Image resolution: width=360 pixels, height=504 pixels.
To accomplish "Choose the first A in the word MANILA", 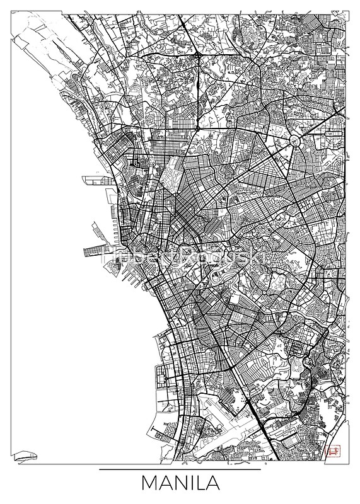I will pyautogui.click(x=168, y=484).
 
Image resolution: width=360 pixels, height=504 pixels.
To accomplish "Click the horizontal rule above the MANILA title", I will pyautogui.click(x=180, y=469).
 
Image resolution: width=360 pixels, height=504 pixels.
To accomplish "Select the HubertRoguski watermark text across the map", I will pyautogui.click(x=180, y=250).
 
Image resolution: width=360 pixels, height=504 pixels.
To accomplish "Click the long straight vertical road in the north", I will pyautogui.click(x=197, y=94).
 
